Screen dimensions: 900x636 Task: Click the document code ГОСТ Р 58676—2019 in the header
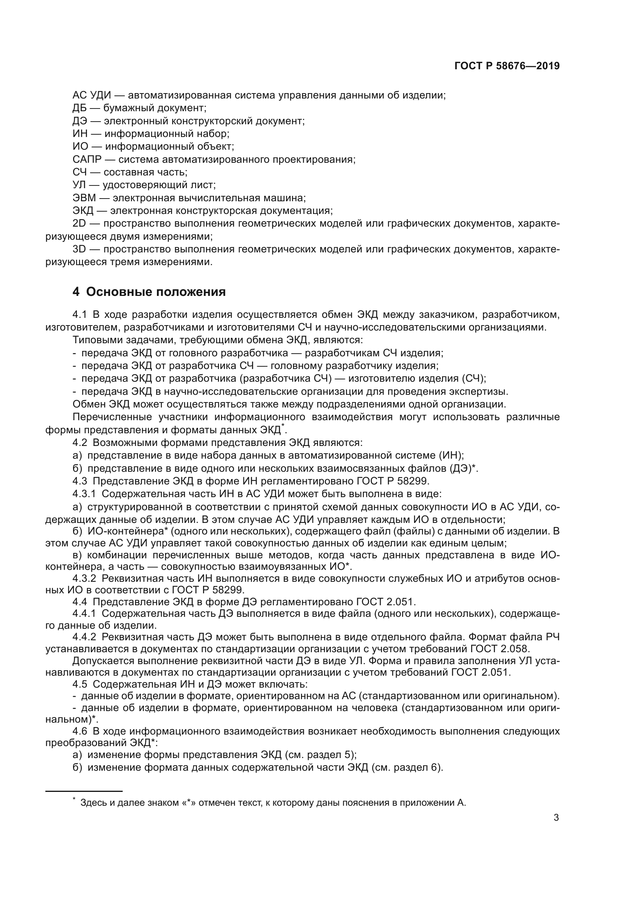point(507,66)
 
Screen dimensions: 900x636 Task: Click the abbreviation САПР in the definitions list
point(87,160)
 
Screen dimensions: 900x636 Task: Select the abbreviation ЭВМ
point(84,198)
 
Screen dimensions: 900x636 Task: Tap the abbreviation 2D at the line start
point(79,224)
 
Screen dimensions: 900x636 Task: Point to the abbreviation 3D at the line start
point(79,249)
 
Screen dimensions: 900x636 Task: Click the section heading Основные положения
point(155,292)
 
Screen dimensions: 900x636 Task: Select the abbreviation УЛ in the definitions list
point(80,185)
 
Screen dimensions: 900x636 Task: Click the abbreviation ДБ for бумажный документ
point(80,108)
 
